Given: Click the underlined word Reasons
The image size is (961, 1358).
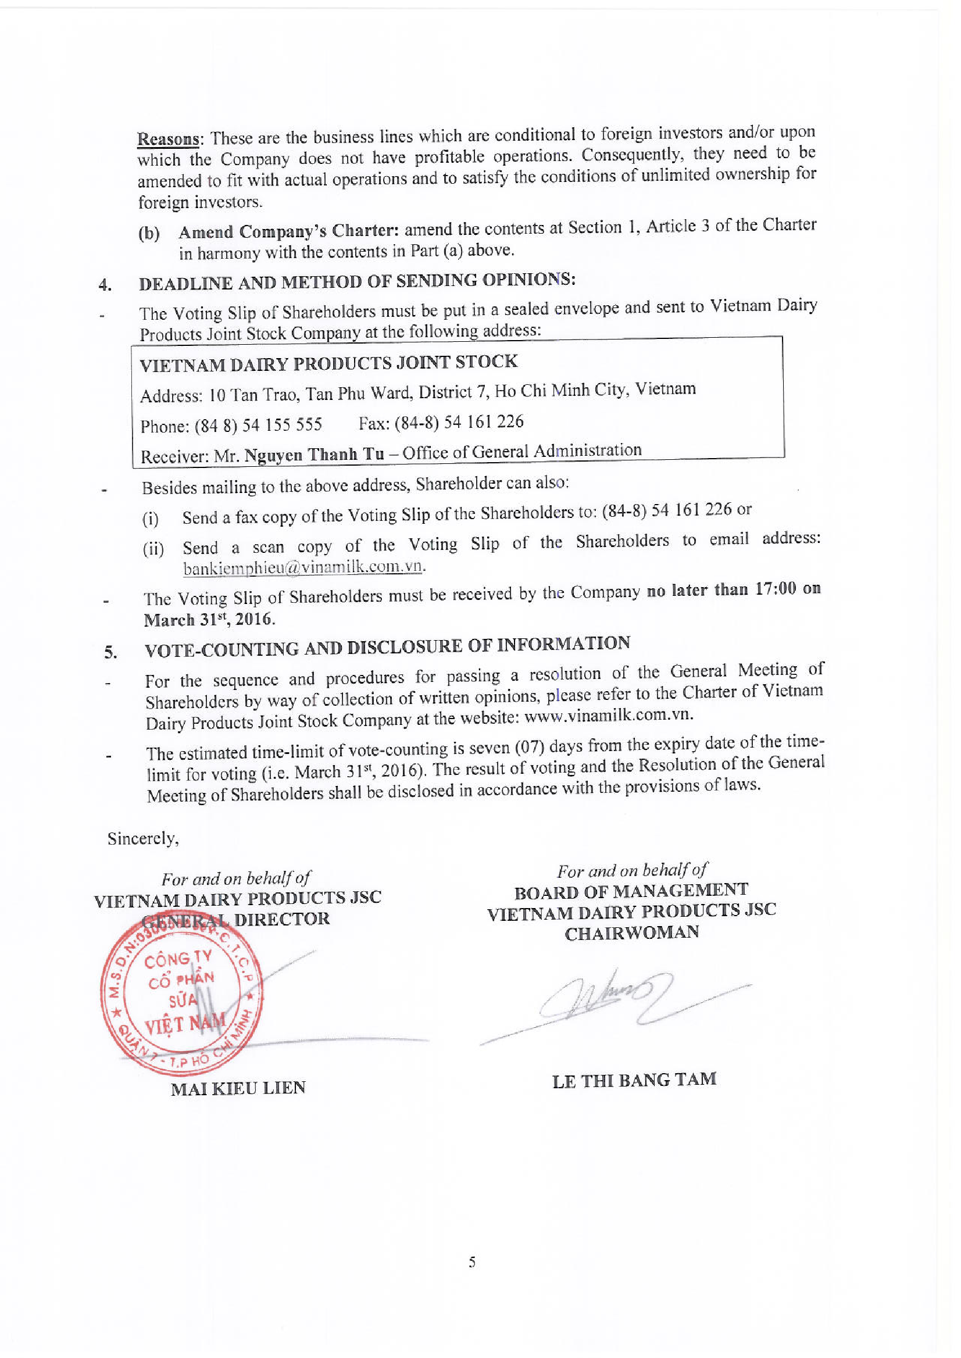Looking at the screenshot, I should pos(168,140).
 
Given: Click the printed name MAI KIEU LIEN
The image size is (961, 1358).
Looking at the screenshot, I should pos(238,1088).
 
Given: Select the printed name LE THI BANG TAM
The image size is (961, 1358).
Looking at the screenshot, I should pos(634,1080).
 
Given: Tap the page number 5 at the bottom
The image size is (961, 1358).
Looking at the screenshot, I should pos(471,1262).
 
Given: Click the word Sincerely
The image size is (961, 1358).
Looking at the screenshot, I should pos(142,838).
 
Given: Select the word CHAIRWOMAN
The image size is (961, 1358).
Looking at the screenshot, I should pos(631,933).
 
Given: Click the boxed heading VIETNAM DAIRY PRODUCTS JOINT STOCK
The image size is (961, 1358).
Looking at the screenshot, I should pos(328,363).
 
